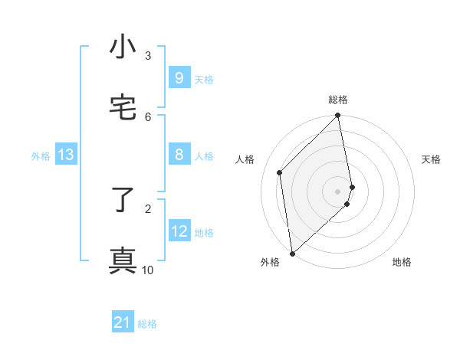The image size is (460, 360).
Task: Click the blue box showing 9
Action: (179, 77)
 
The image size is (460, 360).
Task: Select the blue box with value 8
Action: (179, 155)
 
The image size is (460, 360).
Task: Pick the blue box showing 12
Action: (179, 231)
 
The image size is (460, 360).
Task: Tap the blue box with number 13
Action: (66, 155)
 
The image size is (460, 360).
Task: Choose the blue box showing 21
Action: (123, 322)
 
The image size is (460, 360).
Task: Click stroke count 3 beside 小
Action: (148, 55)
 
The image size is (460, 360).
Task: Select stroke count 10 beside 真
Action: (148, 270)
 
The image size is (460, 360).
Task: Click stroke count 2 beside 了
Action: (148, 208)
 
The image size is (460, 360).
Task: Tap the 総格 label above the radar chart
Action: (338, 100)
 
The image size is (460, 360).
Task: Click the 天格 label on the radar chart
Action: (432, 159)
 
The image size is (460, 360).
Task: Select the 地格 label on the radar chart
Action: (402, 262)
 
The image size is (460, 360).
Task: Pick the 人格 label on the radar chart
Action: (245, 159)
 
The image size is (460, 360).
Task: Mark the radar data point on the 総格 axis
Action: (338, 116)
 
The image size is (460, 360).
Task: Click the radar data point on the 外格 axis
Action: (292, 254)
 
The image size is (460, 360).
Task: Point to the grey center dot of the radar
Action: (338, 191)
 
